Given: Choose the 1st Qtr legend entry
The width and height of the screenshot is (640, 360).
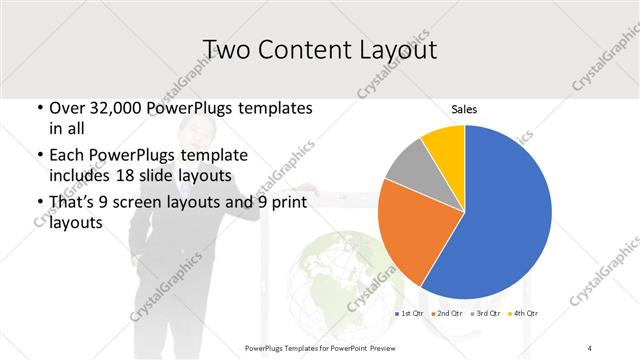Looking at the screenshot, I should click(409, 314).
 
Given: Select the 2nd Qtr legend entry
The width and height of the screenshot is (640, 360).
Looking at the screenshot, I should click(446, 314).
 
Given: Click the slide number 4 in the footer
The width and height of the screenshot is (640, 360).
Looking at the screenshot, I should click(590, 347).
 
